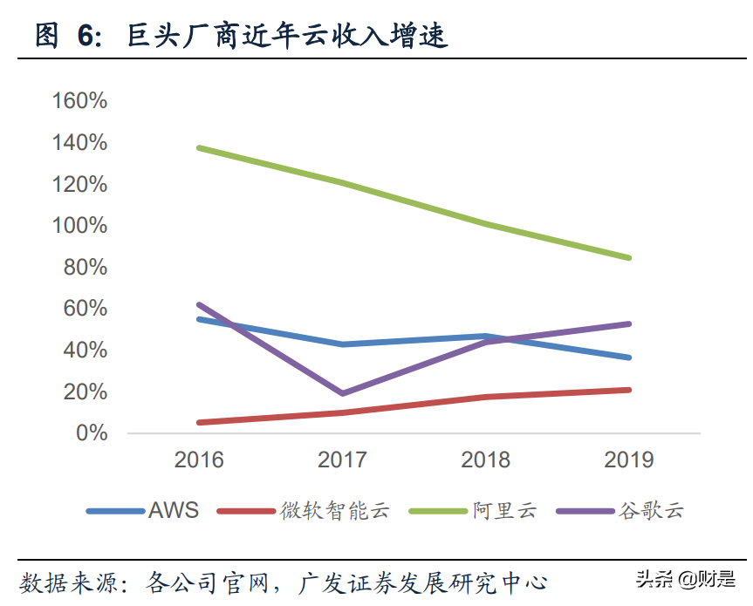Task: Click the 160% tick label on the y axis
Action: pyautogui.click(x=79, y=101)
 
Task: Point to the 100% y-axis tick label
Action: pyautogui.click(x=79, y=226)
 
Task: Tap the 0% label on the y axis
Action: pyautogui.click(x=91, y=433)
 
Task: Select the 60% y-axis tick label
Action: pyautogui.click(x=85, y=309)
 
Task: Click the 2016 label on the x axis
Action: pyautogui.click(x=199, y=460)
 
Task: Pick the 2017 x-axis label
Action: pyautogui.click(x=342, y=460)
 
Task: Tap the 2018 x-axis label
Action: pyautogui.click(x=485, y=460)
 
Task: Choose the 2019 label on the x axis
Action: pyautogui.click(x=628, y=460)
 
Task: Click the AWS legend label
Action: pyautogui.click(x=174, y=510)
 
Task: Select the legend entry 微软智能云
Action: pyautogui.click(x=334, y=510)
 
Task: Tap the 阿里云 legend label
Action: pyautogui.click(x=505, y=510)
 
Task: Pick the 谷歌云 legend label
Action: pyautogui.click(x=651, y=510)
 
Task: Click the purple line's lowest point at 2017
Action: pyautogui.click(x=342, y=393)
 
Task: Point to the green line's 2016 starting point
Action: pyautogui.click(x=199, y=147)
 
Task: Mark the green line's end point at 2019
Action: pyautogui.click(x=628, y=257)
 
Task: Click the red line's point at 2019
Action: pyautogui.click(x=628, y=390)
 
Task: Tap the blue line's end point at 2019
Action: pyautogui.click(x=628, y=357)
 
